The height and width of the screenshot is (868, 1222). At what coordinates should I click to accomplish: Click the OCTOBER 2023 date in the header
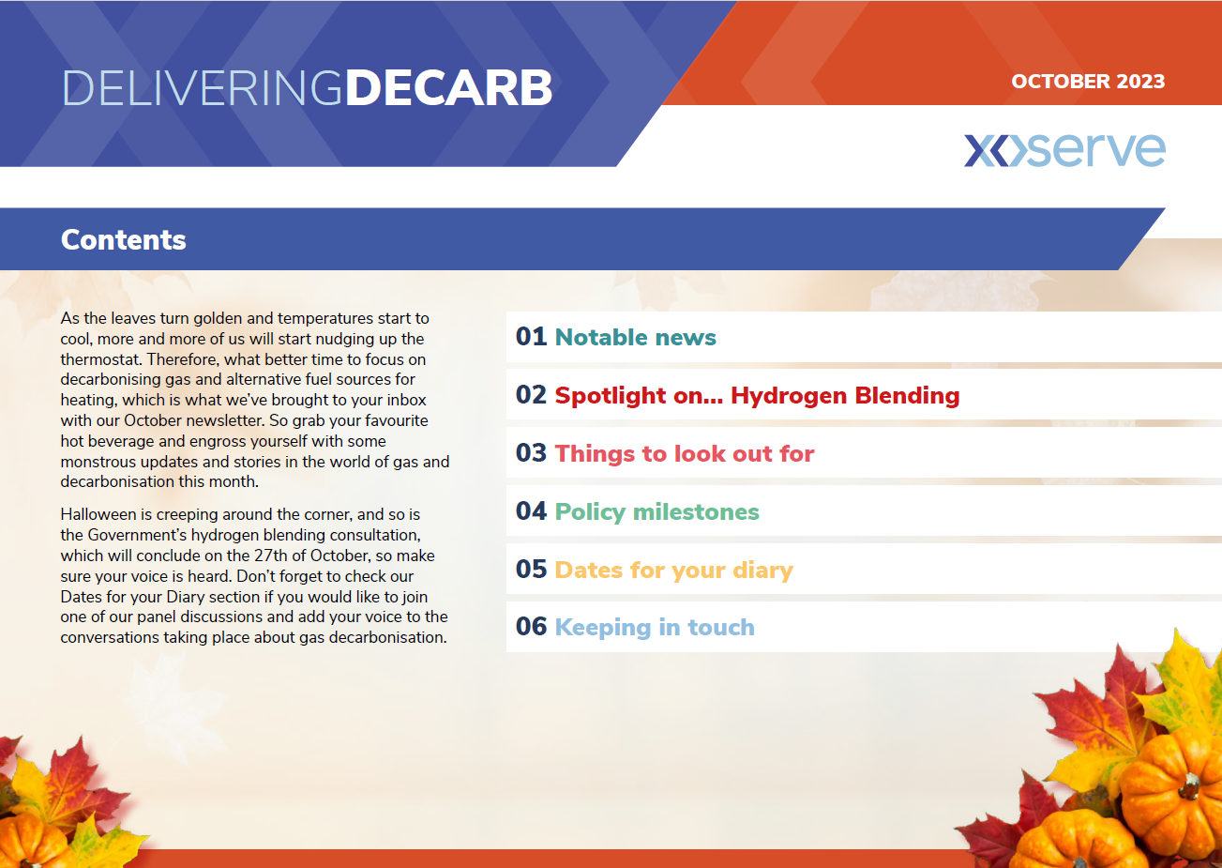(1088, 82)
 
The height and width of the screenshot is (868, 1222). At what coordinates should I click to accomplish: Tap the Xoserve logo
(1064, 149)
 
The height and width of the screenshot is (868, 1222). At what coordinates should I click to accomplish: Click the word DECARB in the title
(448, 88)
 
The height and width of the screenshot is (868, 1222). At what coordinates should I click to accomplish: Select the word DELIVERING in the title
(203, 88)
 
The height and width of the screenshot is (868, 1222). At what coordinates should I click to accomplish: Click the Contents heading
(123, 239)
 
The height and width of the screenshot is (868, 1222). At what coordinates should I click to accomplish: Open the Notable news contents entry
(635, 338)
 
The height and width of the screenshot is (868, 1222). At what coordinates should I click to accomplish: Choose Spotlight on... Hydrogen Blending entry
(757, 395)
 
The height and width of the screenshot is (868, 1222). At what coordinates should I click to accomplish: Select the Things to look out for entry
(684, 453)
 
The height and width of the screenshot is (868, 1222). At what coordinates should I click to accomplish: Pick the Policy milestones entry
(656, 512)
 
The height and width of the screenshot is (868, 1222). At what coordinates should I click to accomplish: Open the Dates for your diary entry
(673, 570)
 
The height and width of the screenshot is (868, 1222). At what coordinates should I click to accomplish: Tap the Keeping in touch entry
(655, 628)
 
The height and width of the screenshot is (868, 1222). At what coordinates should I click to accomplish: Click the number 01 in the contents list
(531, 337)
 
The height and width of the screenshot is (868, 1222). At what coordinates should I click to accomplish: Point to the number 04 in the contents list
(531, 511)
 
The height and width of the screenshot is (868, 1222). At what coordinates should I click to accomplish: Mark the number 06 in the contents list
(531, 627)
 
